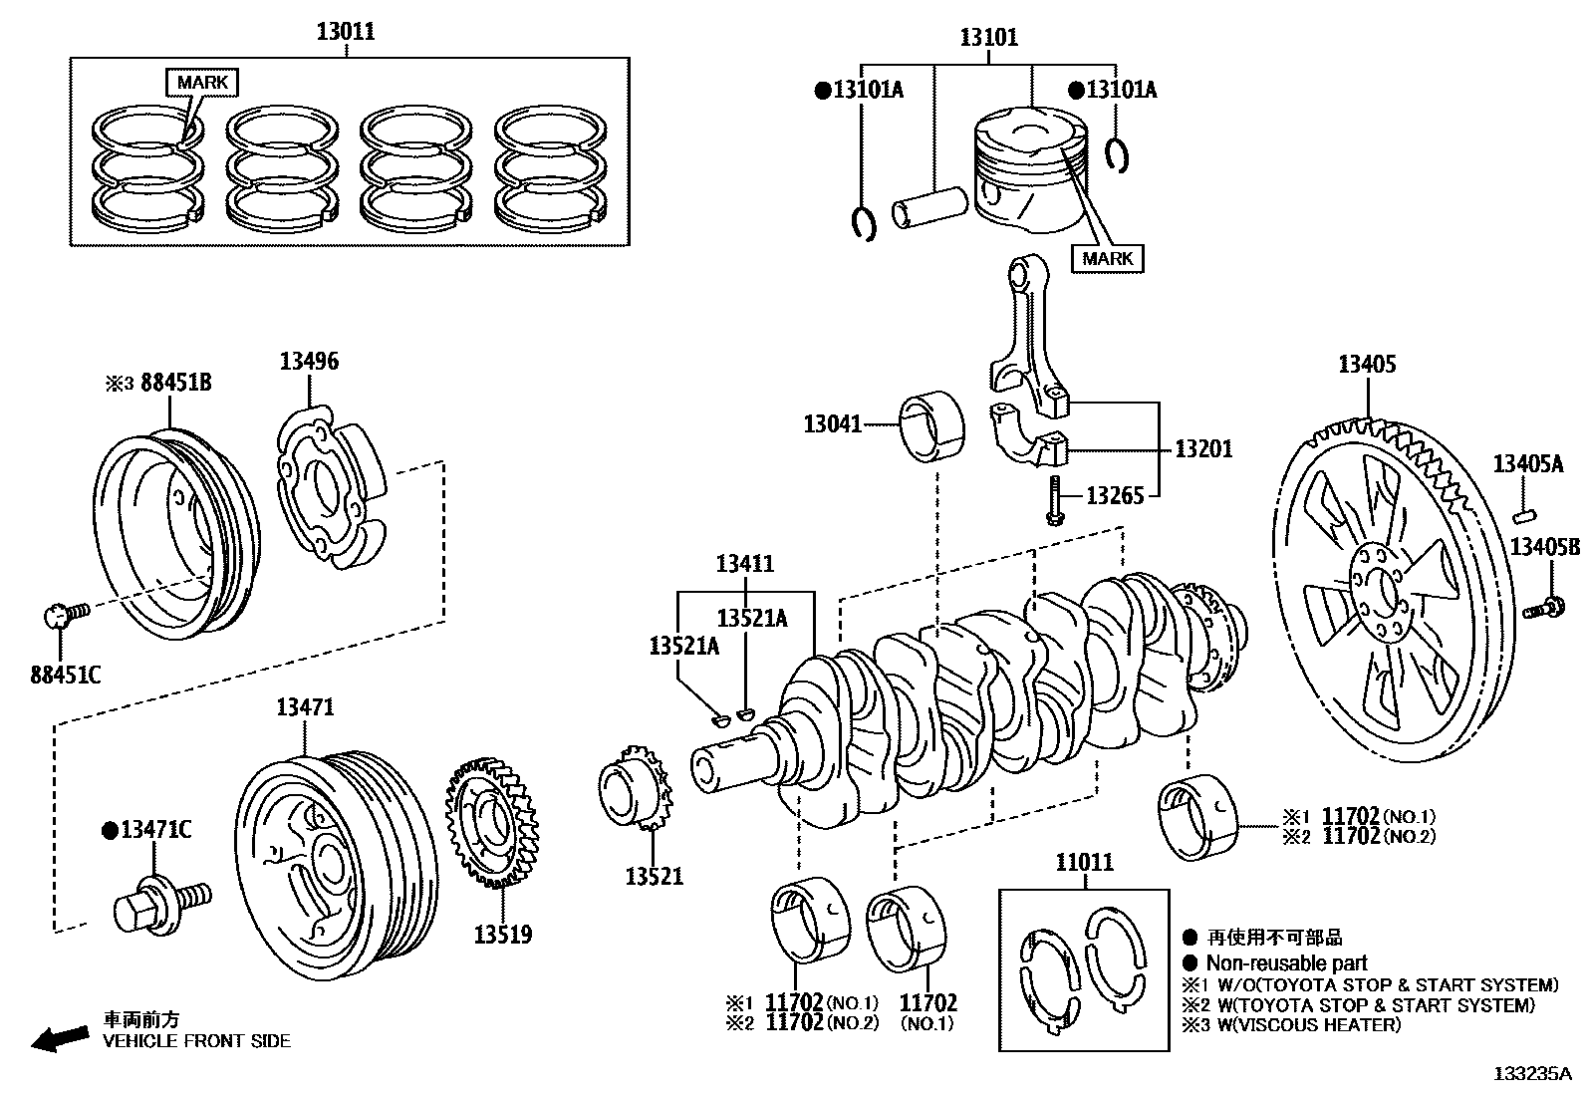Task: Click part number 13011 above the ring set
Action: (x=346, y=31)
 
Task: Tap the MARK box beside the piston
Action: (x=1107, y=259)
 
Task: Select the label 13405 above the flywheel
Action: (x=1366, y=365)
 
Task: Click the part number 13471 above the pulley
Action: (x=305, y=707)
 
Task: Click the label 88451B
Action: (x=175, y=383)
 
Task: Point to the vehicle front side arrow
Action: (x=58, y=1039)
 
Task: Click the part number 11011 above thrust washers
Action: (x=1084, y=863)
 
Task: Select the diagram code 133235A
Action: (x=1531, y=1074)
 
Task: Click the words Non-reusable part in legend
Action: (x=1286, y=963)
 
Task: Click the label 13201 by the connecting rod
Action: (x=1202, y=449)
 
